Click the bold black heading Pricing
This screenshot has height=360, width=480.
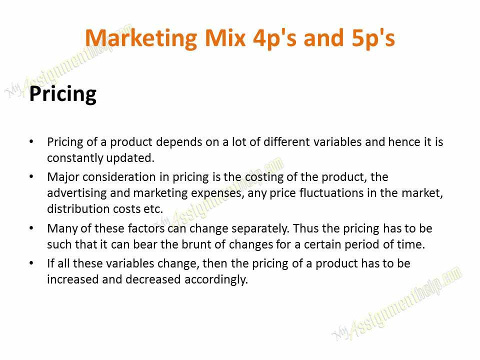point(62,93)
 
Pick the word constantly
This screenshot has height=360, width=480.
point(70,157)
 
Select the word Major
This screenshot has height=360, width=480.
point(60,177)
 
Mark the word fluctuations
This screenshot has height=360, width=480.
point(325,193)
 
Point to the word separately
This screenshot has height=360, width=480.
point(253,228)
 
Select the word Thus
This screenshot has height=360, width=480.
point(303,228)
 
